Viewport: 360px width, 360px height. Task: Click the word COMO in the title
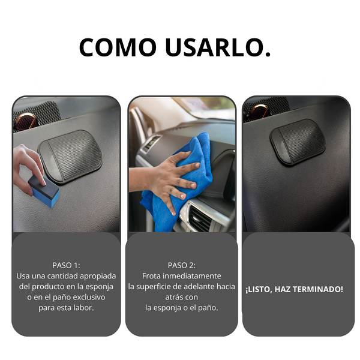pyautogui.click(x=118, y=47)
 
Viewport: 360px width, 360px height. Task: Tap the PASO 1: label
pyautogui.click(x=66, y=265)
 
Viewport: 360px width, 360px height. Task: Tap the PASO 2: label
pyautogui.click(x=182, y=265)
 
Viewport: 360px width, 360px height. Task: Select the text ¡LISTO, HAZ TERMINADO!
pyautogui.click(x=295, y=289)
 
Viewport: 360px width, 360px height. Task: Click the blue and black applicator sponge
pyautogui.click(x=44, y=191)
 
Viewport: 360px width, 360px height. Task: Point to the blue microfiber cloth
pyautogui.click(x=177, y=181)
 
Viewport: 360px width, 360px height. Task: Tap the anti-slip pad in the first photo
pyautogui.click(x=70, y=156)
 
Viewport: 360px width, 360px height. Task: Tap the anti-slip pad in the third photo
pyautogui.click(x=298, y=142)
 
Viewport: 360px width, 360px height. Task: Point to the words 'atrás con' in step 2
pyautogui.click(x=182, y=298)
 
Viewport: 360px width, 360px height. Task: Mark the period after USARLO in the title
pyautogui.click(x=268, y=54)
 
